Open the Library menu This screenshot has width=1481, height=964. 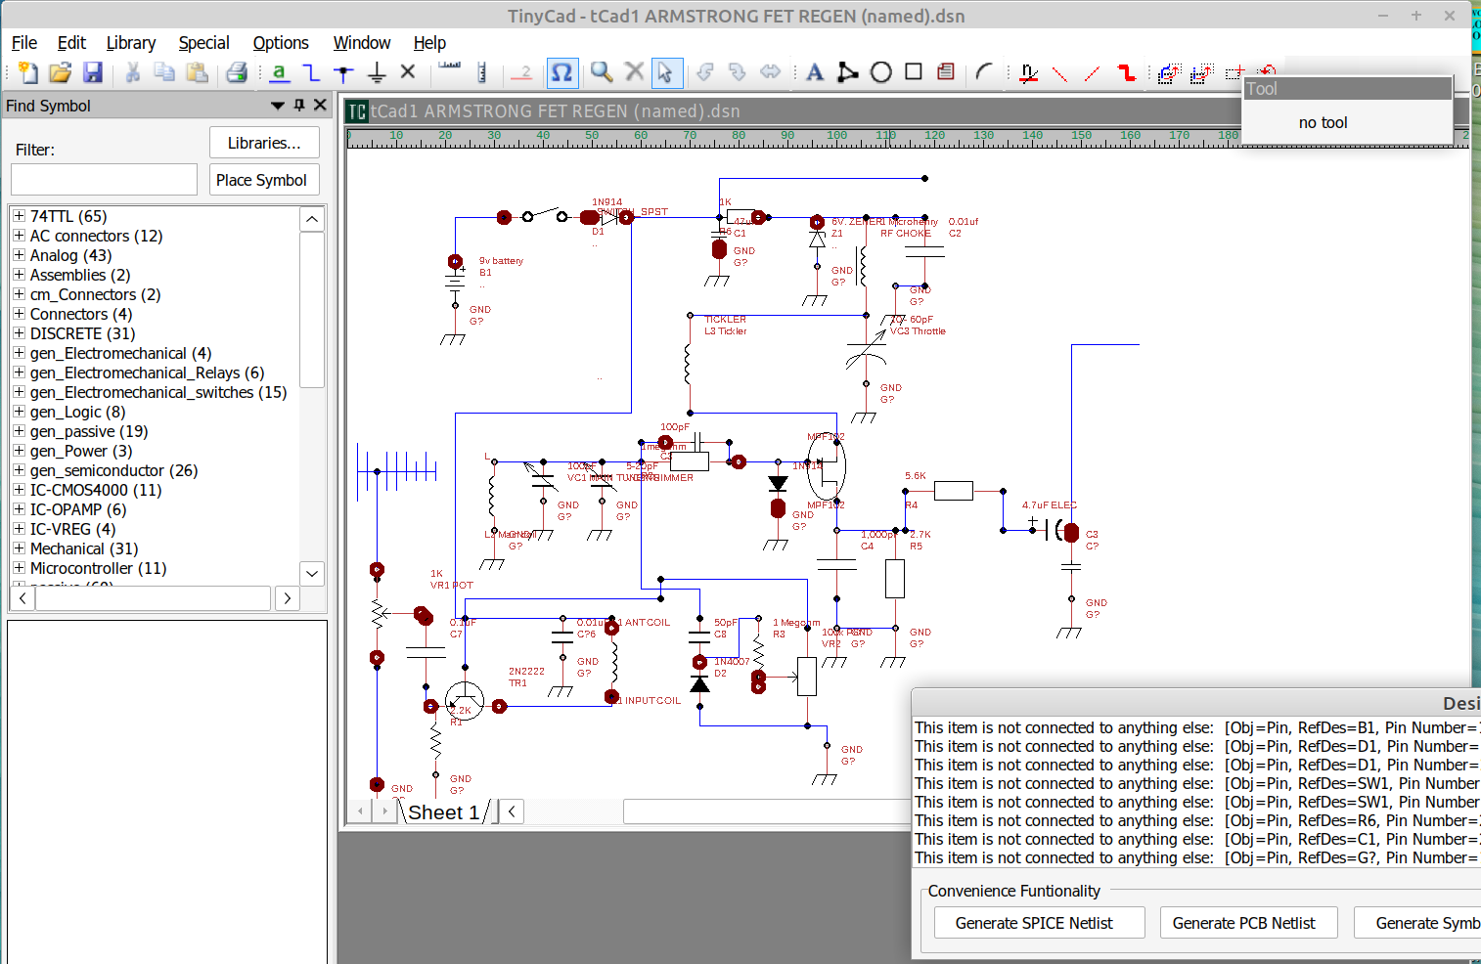[x=130, y=43]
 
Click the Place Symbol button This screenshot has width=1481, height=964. [x=261, y=180]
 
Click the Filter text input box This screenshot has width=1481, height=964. [x=104, y=180]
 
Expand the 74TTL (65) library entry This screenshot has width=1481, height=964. [x=19, y=216]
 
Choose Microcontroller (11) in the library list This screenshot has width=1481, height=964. [x=98, y=568]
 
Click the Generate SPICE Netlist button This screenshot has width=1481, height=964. [x=1034, y=923]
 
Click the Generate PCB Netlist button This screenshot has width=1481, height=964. [x=1243, y=923]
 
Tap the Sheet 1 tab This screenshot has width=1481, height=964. [x=443, y=812]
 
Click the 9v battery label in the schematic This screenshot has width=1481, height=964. [x=501, y=261]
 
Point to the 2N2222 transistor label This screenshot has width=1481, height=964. [x=526, y=672]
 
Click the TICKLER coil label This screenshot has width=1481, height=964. [x=725, y=320]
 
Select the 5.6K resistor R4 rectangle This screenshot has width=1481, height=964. [x=953, y=491]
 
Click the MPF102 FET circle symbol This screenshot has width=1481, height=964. [x=827, y=466]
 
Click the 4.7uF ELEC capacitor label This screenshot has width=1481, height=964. [x=1049, y=505]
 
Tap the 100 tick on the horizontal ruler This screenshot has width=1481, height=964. [x=836, y=136]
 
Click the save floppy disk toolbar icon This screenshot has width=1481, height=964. [x=93, y=72]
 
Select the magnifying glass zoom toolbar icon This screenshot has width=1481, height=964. [x=602, y=72]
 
